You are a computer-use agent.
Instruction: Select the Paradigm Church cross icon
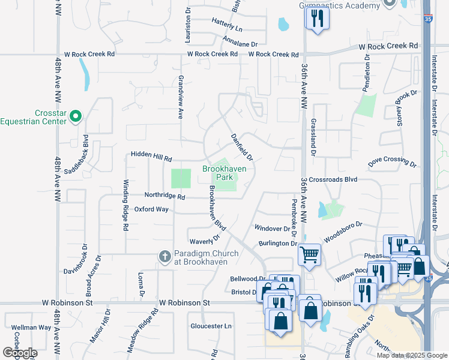pos(165,257)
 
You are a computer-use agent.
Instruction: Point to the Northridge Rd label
pos(164,196)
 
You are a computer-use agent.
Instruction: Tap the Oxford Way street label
pos(151,209)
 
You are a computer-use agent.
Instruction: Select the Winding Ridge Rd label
pos(126,206)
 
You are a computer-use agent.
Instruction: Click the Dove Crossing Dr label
pos(392,163)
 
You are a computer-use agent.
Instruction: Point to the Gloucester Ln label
pos(211,326)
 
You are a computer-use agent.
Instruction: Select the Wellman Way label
pos(31,328)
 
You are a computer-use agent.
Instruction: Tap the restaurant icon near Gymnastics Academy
pos(318,18)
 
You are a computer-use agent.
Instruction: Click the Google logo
pos(19,353)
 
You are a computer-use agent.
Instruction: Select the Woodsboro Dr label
pos(343,232)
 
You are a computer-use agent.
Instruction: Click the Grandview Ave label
pos(180,97)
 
